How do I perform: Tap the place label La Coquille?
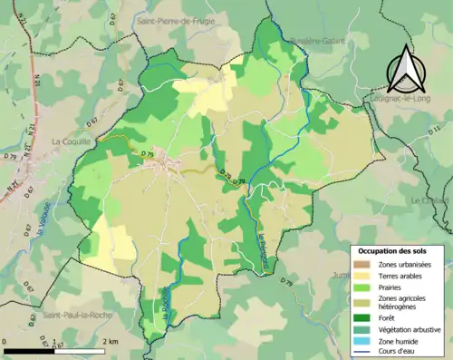point(70,141)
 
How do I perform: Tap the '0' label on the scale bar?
point(6,340)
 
